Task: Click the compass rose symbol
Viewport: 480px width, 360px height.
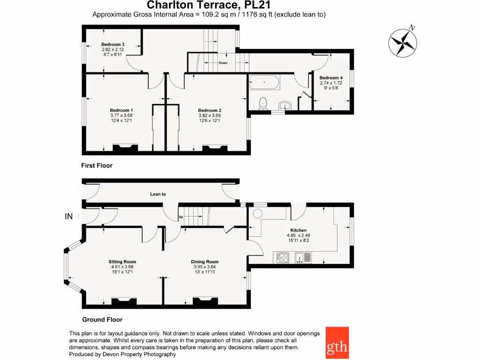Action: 403,43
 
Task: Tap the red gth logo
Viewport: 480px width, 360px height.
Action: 337,342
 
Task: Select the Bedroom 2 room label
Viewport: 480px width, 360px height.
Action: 209,111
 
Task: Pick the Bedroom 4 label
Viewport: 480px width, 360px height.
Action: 331,78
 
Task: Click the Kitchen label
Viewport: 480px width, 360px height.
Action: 299,230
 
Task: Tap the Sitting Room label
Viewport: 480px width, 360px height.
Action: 122,262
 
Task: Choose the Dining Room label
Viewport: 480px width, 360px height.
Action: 204,262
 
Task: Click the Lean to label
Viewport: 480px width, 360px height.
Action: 158,194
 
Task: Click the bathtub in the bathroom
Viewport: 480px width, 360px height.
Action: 264,82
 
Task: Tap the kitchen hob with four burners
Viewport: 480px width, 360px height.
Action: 283,257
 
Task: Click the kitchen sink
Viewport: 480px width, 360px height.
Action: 303,257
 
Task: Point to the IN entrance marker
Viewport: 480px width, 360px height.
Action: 69,216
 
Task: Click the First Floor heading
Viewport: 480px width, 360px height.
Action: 97,165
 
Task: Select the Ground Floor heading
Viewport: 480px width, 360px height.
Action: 102,320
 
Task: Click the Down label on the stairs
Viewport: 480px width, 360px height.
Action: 223,63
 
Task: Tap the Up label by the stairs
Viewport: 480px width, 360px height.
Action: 180,217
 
